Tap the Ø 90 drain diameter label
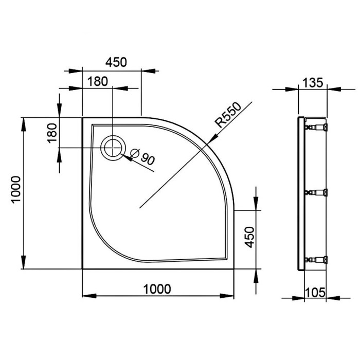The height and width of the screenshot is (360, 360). click(142, 156)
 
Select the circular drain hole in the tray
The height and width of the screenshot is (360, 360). click(112, 148)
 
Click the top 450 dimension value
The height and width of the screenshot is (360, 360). click(116, 62)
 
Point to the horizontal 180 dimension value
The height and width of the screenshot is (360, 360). click(97, 81)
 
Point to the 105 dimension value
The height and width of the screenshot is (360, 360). click(315, 292)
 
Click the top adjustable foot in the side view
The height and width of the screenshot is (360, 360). click(317, 126)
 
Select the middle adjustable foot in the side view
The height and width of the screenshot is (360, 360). click(317, 192)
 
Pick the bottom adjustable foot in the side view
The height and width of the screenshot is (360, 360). click(317, 259)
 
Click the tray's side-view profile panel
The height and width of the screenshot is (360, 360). click(301, 193)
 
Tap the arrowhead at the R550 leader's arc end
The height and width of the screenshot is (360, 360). click(212, 139)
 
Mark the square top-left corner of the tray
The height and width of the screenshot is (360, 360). click(83, 118)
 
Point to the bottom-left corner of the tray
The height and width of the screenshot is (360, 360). click(83, 268)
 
